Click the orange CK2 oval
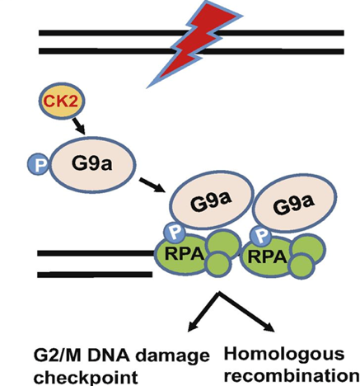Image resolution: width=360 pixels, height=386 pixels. pyautogui.click(x=61, y=101)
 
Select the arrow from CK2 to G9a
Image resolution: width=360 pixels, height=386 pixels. pyautogui.click(x=78, y=126)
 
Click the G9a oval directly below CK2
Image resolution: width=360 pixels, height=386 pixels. pyautogui.click(x=92, y=164)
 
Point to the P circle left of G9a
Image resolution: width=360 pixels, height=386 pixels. pyautogui.click(x=38, y=164)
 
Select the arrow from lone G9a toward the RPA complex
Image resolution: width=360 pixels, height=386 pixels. pyautogui.click(x=152, y=185)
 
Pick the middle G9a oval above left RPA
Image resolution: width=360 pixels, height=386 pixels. pyautogui.click(x=211, y=200)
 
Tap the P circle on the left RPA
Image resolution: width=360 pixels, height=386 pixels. pyautogui.click(x=175, y=233)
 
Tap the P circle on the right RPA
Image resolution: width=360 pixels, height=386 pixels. pyautogui.click(x=261, y=234)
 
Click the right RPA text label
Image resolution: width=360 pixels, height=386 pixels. pyautogui.click(x=268, y=257)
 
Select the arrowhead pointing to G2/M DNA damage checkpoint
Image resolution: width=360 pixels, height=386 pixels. pyautogui.click(x=193, y=325)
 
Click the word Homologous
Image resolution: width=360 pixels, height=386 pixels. pyautogui.click(x=284, y=355)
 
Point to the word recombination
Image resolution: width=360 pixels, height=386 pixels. pyautogui.click(x=292, y=375)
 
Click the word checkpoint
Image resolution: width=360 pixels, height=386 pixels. pyautogui.click(x=86, y=377)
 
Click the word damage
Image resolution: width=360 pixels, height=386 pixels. pyautogui.click(x=173, y=356)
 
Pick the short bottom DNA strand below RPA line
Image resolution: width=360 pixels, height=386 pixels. pyautogui.click(x=95, y=275)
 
